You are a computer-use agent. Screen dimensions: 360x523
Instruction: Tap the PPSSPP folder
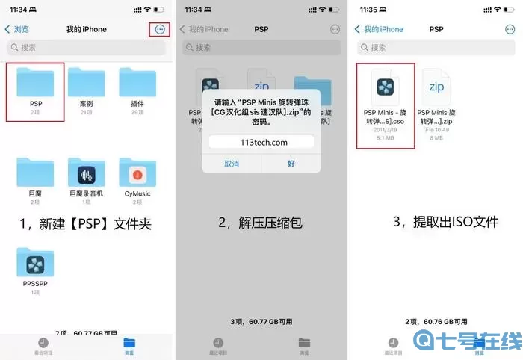pyautogui.click(x=35, y=264)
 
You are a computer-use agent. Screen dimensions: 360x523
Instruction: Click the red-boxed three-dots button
pyautogui.click(x=159, y=29)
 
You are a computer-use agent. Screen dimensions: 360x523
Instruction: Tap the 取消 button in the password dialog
pyautogui.click(x=232, y=163)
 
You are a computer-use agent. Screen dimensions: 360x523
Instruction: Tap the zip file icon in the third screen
pyautogui.click(x=437, y=87)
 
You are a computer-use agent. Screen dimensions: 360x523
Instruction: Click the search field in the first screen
pyautogui.click(x=87, y=47)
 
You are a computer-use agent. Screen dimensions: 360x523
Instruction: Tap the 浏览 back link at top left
pyautogui.click(x=17, y=29)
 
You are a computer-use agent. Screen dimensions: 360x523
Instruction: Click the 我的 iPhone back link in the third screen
pyautogui.click(x=380, y=29)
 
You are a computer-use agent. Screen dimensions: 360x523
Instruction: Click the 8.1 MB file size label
pyautogui.click(x=386, y=137)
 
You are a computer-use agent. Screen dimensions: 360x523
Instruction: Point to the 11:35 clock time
pyautogui.click(x=369, y=10)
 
